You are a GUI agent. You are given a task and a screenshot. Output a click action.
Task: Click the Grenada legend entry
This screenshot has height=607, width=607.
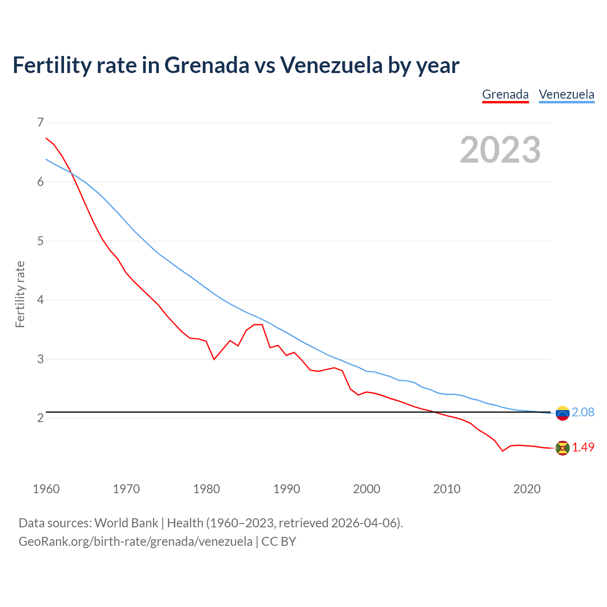(x=505, y=94)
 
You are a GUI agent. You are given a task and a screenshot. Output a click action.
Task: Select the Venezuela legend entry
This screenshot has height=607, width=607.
(x=566, y=94)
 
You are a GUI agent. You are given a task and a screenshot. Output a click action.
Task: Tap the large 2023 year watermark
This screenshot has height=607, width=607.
(x=500, y=150)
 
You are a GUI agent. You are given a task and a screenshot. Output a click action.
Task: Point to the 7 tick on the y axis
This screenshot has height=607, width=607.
(x=40, y=123)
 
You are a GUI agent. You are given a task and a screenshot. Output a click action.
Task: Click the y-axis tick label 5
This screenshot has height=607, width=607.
(x=40, y=241)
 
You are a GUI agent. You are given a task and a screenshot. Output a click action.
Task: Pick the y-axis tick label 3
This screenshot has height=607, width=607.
(x=40, y=359)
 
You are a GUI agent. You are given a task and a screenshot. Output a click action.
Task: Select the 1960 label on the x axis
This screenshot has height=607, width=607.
(x=46, y=489)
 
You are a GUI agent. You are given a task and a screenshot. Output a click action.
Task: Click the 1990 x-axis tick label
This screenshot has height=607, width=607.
(x=286, y=489)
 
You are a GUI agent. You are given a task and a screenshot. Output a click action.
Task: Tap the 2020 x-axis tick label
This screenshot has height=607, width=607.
(x=527, y=489)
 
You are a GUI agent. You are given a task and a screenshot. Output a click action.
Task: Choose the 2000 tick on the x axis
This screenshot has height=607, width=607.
(x=367, y=489)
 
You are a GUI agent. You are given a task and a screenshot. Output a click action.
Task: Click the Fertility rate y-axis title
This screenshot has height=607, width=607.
(x=20, y=294)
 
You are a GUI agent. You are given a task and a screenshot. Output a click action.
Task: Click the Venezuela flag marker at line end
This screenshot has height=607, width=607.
(x=562, y=413)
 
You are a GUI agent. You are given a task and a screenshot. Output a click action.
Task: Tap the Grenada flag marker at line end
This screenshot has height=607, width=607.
(x=562, y=448)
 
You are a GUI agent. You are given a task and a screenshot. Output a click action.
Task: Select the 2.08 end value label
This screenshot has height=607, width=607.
(x=583, y=413)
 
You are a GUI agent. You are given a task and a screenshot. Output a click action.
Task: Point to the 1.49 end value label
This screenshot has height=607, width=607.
(x=583, y=447)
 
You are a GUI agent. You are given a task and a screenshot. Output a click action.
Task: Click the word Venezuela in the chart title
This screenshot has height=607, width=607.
(x=331, y=65)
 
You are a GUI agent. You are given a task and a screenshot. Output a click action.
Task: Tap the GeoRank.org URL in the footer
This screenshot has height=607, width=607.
(x=135, y=542)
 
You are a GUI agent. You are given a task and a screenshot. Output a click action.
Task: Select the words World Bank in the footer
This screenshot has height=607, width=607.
(x=126, y=523)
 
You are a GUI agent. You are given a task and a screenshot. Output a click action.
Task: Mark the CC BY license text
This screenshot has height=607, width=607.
(x=279, y=542)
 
